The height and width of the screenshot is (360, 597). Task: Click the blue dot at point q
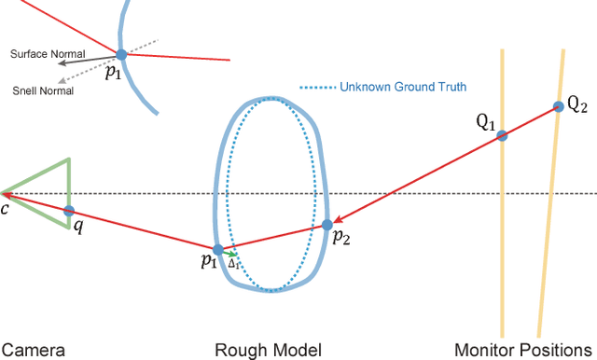[x=69, y=211]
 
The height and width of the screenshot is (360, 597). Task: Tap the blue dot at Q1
[x=502, y=135]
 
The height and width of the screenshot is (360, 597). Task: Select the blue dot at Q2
[x=558, y=105]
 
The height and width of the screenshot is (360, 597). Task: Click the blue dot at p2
[x=327, y=225]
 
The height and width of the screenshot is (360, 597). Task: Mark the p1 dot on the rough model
[x=218, y=250]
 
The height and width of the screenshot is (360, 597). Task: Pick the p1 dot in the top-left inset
[x=120, y=54]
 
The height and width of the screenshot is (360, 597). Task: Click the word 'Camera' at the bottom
[x=33, y=350]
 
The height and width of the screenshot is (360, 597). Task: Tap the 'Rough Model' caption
[x=268, y=350]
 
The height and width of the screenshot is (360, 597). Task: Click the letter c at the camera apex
[x=5, y=208]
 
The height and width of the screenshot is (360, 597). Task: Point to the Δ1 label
[x=233, y=264]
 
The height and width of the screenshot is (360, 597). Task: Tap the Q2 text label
[x=577, y=105]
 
